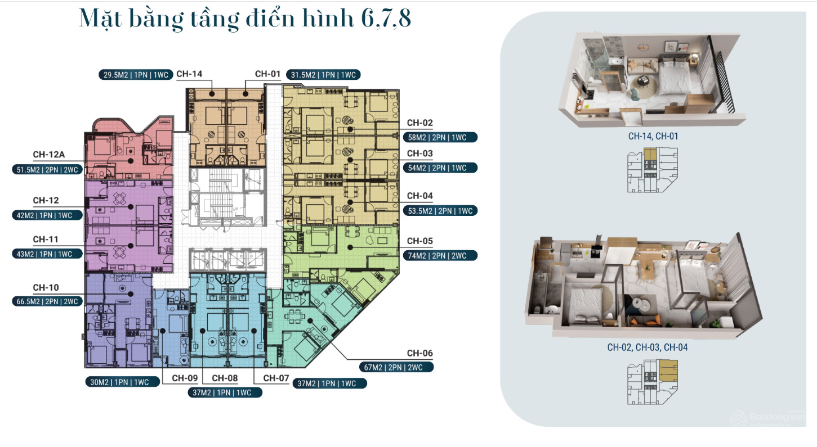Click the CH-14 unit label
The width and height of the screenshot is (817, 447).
189,74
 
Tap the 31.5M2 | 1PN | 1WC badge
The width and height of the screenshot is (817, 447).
323,75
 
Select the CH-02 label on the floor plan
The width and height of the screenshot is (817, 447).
420,123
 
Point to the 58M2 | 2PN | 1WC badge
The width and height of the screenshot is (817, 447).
440,137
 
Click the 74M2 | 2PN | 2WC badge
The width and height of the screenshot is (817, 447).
440,256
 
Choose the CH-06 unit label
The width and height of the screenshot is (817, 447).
420,353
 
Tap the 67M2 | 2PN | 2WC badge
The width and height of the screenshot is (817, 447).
396,367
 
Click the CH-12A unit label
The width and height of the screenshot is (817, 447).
49,155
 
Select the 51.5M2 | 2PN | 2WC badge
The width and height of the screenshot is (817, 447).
47,170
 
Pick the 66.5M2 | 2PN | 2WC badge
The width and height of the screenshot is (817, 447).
47,301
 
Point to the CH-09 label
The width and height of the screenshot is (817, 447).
185,378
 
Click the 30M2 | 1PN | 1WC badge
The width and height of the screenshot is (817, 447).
123,382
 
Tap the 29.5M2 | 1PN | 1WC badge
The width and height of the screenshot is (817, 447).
136,75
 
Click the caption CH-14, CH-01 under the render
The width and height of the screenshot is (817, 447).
653,136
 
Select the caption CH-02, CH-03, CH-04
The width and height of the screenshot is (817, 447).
648,347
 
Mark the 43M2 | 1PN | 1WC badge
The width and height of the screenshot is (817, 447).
47,254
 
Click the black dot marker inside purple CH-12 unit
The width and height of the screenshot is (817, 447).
131,207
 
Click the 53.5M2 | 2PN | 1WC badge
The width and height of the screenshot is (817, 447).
440,210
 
